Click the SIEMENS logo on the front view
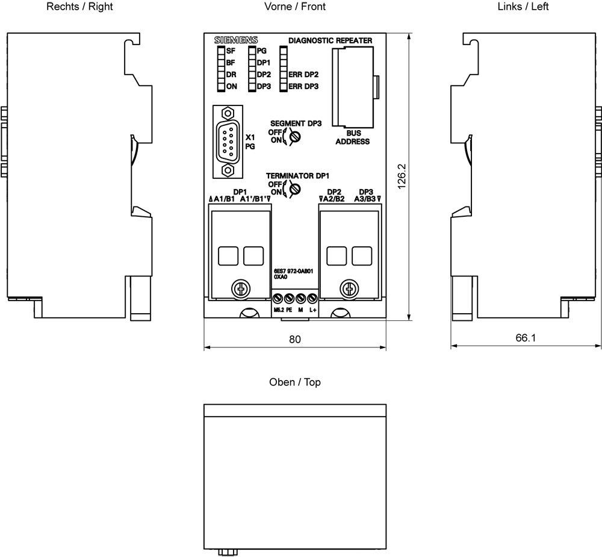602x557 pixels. [236, 40]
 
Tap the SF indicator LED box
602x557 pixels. [221, 51]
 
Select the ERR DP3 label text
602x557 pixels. [303, 87]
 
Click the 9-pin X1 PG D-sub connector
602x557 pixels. [228, 142]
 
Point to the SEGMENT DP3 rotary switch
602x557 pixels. [295, 136]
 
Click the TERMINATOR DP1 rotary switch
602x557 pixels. [295, 189]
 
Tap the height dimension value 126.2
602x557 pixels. [402, 176]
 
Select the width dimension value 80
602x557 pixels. [295, 339]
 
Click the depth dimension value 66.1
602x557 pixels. [525, 338]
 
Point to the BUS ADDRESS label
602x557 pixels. [352, 137]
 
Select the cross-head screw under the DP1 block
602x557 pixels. [241, 288]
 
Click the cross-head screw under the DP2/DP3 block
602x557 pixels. [349, 288]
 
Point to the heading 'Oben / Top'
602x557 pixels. [295, 382]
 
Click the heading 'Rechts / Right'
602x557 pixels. [79, 7]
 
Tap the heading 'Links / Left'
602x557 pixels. [523, 7]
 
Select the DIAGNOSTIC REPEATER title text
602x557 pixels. [330, 40]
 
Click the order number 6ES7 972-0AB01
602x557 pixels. [293, 271]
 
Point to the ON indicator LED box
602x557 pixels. [221, 87]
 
